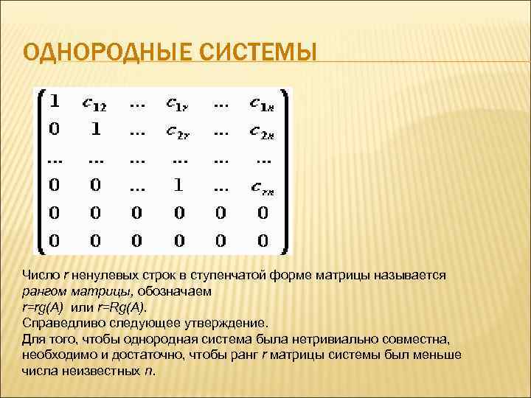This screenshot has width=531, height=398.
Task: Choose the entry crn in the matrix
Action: click(261, 188)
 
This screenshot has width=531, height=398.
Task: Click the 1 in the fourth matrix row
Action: click(177, 186)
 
